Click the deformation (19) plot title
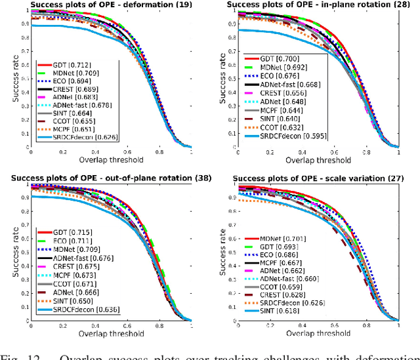(x=108, y=5)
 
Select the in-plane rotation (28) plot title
(x=316, y=5)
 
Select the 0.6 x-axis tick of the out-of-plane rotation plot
(x=127, y=325)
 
